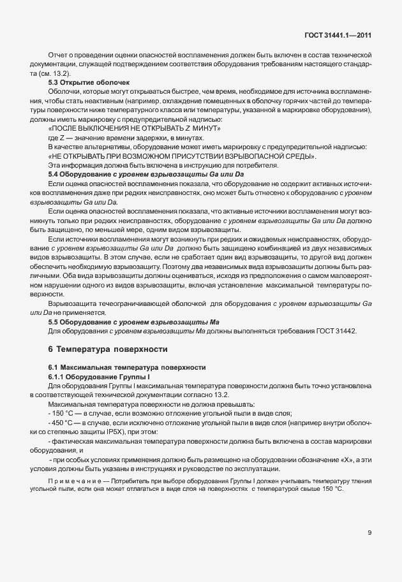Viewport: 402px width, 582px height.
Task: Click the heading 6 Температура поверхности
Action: tap(107, 349)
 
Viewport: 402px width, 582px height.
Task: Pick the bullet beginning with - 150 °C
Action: tap(61, 413)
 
